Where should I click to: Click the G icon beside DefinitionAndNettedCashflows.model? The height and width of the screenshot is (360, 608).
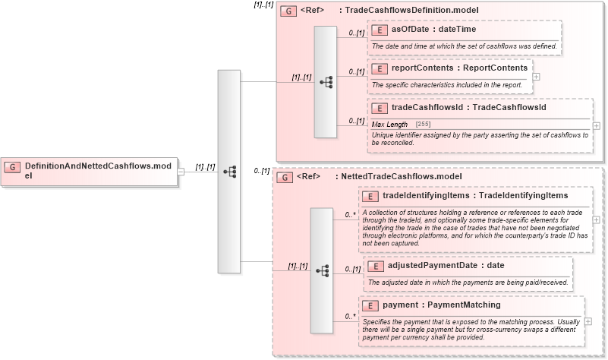pyautogui.click(x=14, y=166)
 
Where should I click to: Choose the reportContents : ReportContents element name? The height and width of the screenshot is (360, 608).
pyautogui.click(x=458, y=68)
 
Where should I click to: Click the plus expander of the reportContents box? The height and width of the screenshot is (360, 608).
pyautogui.click(x=536, y=76)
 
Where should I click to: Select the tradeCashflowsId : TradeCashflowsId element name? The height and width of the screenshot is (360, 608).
pyautogui.click(x=468, y=107)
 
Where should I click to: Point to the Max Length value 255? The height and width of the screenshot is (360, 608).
pyautogui.click(x=424, y=124)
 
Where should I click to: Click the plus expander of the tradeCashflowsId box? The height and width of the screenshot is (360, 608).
pyautogui.click(x=596, y=126)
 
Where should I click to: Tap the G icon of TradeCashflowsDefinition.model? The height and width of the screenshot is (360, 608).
pyautogui.click(x=288, y=11)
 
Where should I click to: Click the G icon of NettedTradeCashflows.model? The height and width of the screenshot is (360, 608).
pyautogui.click(x=284, y=177)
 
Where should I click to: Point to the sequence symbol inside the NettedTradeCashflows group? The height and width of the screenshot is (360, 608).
pyautogui.click(x=322, y=270)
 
